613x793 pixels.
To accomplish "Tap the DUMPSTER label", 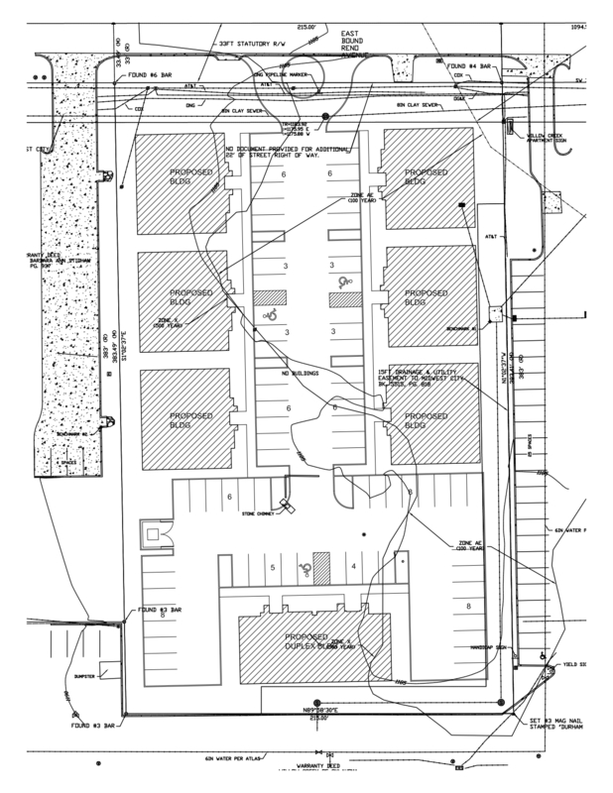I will click(x=82, y=677).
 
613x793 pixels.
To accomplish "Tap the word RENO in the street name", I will click(x=354, y=46).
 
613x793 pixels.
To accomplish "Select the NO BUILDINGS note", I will click(x=301, y=374).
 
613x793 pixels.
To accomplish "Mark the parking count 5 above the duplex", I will click(x=273, y=568).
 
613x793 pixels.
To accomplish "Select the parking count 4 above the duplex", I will click(x=353, y=567).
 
